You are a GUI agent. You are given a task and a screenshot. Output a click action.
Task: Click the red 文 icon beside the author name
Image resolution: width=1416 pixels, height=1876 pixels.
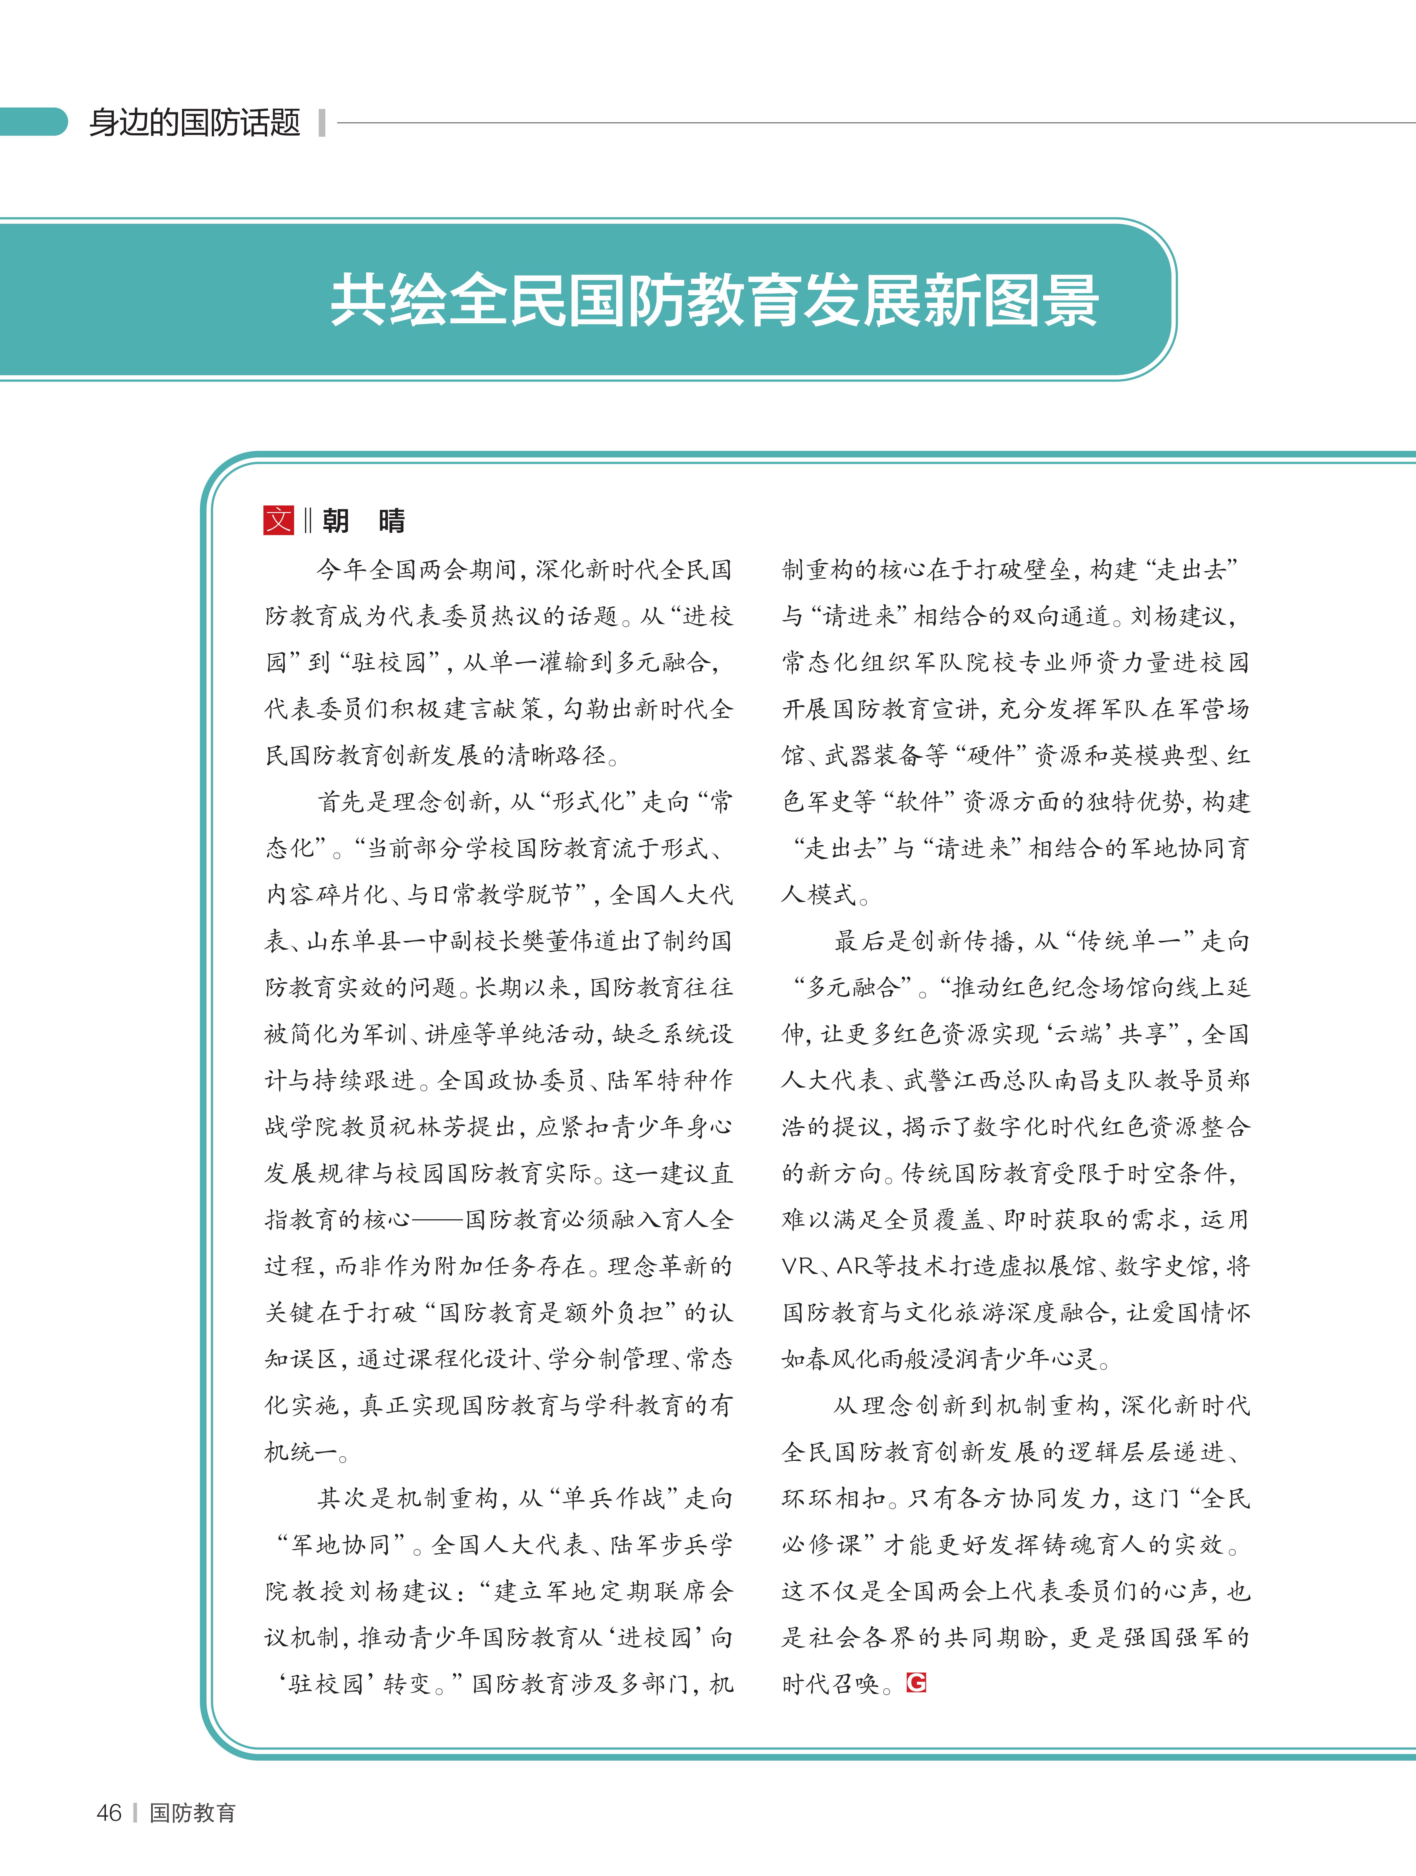278,520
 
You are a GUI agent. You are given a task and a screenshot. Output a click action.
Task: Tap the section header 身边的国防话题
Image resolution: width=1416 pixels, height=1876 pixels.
195,123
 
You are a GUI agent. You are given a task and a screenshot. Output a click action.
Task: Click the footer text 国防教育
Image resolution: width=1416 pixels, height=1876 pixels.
193,1812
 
